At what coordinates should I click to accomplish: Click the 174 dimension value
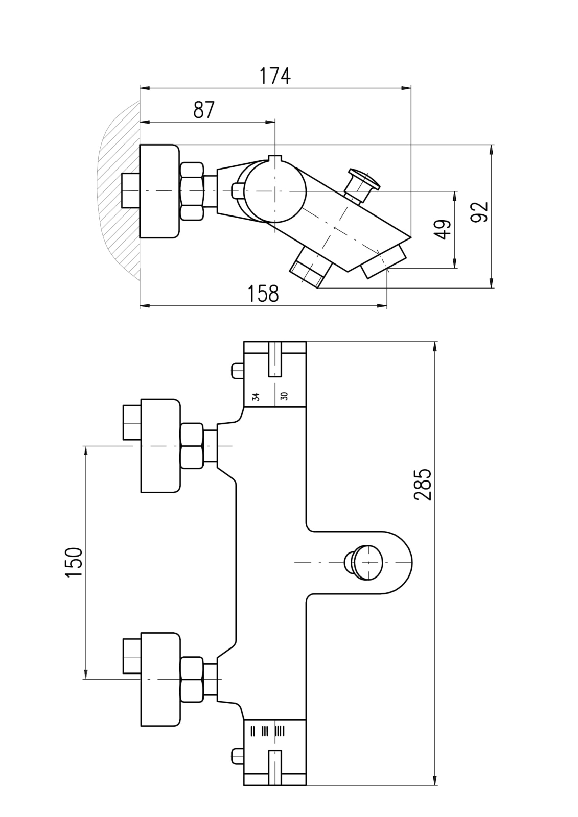[274, 76]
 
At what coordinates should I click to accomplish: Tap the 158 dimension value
[263, 294]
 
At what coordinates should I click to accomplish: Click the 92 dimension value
[480, 212]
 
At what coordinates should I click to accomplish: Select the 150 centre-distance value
[74, 562]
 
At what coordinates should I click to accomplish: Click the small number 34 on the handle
[256, 396]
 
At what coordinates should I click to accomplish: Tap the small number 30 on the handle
[284, 396]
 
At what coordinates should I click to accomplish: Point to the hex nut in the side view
[192, 191]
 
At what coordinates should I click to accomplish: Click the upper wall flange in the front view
[160, 446]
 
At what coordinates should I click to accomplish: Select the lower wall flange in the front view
[160, 679]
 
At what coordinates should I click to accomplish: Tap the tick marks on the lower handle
[266, 731]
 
